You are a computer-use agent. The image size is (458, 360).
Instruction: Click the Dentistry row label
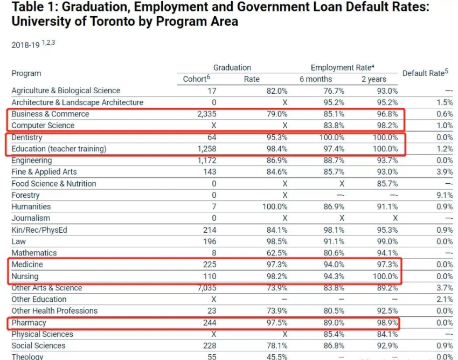click(x=27, y=137)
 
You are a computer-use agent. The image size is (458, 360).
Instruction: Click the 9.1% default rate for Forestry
click(x=445, y=195)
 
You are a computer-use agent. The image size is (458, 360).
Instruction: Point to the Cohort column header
click(x=195, y=79)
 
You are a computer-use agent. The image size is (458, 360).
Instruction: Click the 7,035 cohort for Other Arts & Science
click(x=205, y=288)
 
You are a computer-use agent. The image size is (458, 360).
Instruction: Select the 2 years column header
click(x=373, y=79)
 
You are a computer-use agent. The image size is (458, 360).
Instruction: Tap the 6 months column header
click(x=316, y=79)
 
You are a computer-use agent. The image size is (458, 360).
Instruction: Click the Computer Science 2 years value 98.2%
click(x=386, y=126)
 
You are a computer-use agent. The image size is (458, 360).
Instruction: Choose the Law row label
click(x=19, y=241)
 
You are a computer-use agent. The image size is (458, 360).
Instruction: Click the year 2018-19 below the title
click(x=26, y=45)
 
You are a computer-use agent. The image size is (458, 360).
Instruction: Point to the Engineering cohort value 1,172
click(x=205, y=161)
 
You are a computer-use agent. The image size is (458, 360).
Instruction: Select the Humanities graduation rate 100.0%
click(x=273, y=206)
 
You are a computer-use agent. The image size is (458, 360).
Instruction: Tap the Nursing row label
click(x=25, y=276)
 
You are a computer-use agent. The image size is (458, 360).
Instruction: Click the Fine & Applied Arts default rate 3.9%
click(x=445, y=172)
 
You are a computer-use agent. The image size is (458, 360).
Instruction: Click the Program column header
click(x=26, y=73)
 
